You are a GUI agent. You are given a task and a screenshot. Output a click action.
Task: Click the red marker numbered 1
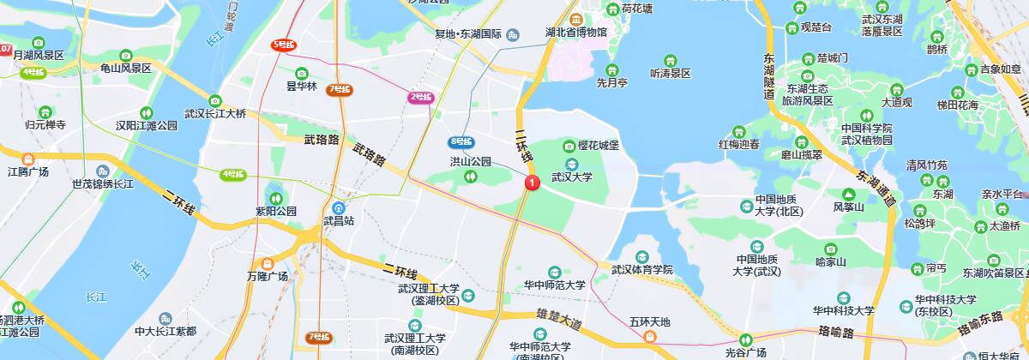point(532,182)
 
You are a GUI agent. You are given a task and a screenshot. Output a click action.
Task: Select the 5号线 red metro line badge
point(284,45)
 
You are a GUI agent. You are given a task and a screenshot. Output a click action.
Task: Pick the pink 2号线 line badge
point(419,97)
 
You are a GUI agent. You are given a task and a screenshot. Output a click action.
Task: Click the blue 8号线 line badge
point(460,141)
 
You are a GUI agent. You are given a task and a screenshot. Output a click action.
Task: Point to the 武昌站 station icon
point(340,207)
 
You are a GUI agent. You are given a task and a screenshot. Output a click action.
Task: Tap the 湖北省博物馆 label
point(576,33)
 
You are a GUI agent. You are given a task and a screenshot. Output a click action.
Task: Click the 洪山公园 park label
point(471,161)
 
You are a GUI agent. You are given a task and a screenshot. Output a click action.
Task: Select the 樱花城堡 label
point(599,146)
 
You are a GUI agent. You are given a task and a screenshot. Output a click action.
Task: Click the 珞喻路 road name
point(835,331)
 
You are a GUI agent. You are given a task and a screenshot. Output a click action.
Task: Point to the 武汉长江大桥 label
point(215,113)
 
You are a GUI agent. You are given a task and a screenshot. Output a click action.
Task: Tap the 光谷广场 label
point(745,353)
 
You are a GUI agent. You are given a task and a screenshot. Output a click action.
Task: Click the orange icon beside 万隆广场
point(268,263)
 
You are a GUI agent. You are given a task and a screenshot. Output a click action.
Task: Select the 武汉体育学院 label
point(642,269)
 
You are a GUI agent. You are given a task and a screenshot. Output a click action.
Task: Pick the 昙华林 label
point(302,86)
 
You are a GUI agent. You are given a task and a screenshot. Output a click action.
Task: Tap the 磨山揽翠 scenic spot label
point(802,155)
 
